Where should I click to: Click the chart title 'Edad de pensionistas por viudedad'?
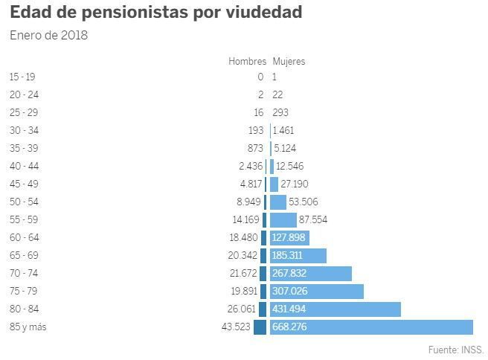point(156,12)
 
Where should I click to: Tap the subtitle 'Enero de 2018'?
point(49,35)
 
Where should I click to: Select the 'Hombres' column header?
point(248,61)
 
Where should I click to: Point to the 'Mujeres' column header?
point(289,61)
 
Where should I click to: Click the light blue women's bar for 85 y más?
point(371,327)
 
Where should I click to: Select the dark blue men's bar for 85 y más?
point(260,327)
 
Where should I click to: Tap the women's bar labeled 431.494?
point(335,309)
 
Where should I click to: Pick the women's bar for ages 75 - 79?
point(316,292)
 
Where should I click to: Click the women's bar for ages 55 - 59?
point(283,220)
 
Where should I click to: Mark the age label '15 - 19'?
point(22,77)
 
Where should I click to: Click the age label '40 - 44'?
point(24,166)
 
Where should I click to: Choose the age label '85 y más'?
point(28,327)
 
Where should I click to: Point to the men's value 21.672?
point(243,273)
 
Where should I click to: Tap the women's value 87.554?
point(313,219)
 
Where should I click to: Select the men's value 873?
point(255,148)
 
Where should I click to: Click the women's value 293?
point(280,112)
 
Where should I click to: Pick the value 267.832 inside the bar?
point(289,273)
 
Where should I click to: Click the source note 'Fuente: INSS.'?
point(456,350)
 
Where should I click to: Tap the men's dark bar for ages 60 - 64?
point(263,238)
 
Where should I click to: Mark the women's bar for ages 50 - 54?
point(278,202)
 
